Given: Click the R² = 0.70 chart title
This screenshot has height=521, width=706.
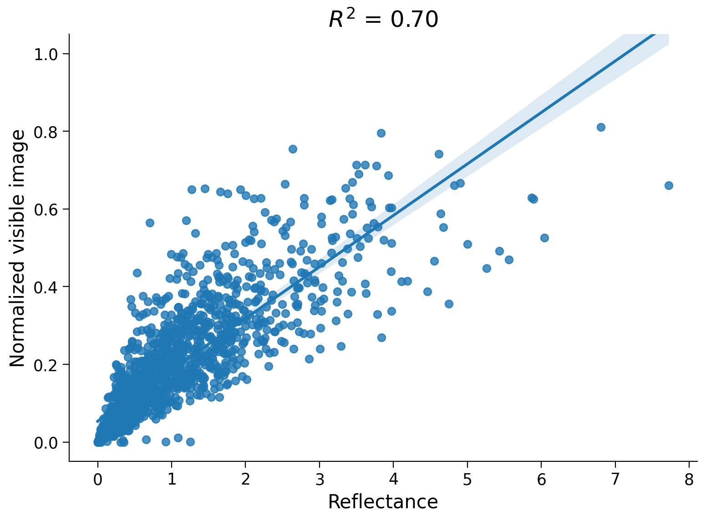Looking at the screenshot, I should coord(383,20).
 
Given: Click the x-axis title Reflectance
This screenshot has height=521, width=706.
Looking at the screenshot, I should coord(383,502).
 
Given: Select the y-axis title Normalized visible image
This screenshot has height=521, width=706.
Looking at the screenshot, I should coord(18,248).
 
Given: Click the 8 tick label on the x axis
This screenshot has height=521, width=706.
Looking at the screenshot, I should coord(689,480).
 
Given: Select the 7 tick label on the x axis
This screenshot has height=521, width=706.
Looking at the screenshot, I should coord(615,480).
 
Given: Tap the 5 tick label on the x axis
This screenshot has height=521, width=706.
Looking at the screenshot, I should coord(467,480).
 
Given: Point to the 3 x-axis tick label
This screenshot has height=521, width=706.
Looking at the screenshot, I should coord(320,480).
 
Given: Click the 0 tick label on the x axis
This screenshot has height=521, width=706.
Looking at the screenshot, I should coord(98,480).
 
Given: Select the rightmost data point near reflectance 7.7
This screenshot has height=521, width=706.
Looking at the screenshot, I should coord(669,185).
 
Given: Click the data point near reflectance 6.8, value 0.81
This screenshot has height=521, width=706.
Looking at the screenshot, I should coord(601,127).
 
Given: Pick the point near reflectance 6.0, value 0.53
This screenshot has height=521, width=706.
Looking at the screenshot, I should coord(544,238).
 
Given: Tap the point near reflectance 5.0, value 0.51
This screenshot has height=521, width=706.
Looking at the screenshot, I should coord(467,244).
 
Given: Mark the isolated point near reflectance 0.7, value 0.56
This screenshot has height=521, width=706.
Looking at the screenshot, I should coord(150,223).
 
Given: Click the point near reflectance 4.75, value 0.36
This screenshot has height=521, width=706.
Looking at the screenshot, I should coord(449,304).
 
